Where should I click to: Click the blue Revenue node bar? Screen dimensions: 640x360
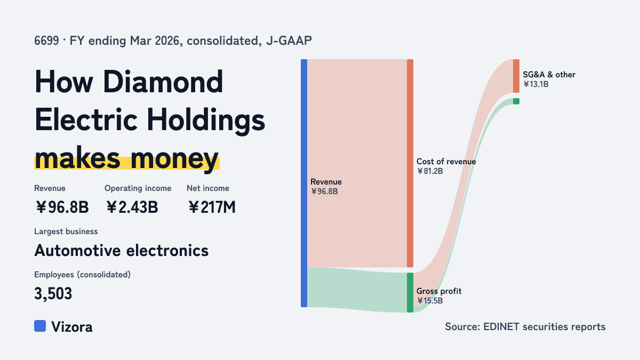[304, 183]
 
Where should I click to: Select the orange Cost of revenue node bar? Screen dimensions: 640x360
[410, 163]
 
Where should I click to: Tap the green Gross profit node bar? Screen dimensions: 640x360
[410, 293]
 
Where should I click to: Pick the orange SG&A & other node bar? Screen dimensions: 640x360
[516, 76]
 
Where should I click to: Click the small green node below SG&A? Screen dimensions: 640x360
[516, 101]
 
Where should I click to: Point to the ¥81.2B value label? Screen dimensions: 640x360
[430, 171]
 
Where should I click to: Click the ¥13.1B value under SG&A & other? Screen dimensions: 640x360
[535, 84]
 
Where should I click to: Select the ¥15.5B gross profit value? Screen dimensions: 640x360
[430, 301]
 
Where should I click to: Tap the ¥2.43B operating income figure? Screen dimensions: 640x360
[132, 207]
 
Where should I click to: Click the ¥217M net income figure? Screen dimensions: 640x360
[212, 207]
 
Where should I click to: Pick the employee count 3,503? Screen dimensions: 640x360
[53, 294]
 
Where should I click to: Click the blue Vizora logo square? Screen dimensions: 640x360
[40, 326]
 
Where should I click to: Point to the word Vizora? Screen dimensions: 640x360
[72, 327]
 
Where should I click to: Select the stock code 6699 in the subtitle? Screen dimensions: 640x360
[46, 41]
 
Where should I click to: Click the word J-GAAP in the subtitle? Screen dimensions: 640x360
[289, 41]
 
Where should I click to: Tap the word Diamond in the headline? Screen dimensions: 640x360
[163, 82]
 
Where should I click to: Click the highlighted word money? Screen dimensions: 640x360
[174, 159]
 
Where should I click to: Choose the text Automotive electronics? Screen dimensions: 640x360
[122, 251]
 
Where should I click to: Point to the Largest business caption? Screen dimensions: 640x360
[66, 231]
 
